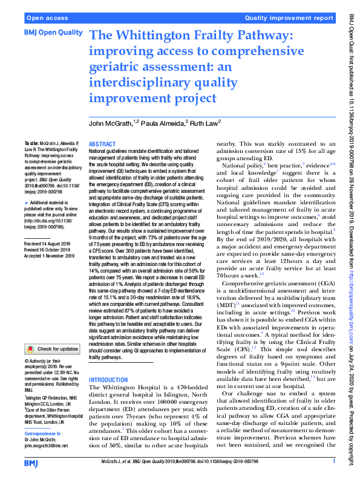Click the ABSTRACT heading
pos(102,144)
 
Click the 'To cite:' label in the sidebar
pos(30,138)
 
